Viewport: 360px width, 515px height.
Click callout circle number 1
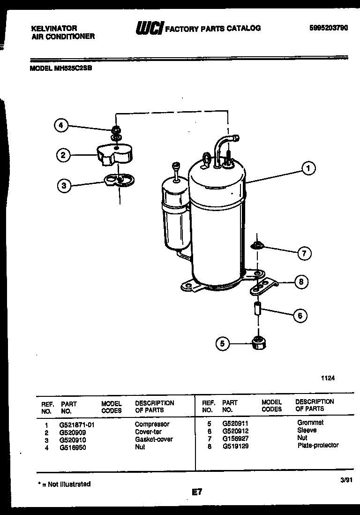click(x=308, y=168)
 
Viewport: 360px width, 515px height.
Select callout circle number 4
click(x=60, y=125)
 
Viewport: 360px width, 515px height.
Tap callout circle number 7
click(x=304, y=254)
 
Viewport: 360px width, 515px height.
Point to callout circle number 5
click(x=222, y=344)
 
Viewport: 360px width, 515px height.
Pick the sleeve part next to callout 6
click(x=257, y=310)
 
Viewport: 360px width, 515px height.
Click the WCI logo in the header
click(x=149, y=29)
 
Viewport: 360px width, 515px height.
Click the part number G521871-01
click(x=77, y=424)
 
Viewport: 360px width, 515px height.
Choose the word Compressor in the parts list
click(x=152, y=424)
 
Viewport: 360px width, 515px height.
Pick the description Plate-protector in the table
click(x=317, y=445)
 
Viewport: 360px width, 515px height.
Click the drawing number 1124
click(x=328, y=377)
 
